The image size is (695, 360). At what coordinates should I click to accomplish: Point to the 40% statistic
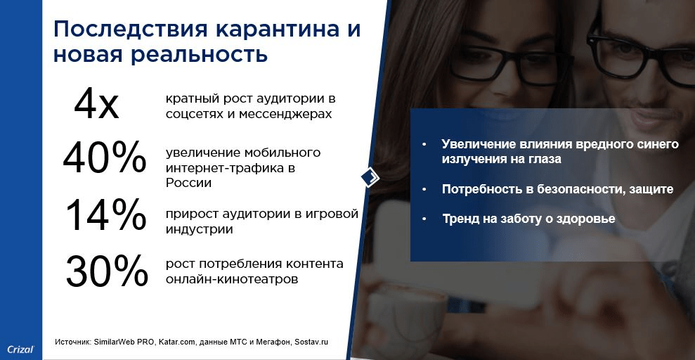coord(105,157)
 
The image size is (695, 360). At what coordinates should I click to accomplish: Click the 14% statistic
coord(105,214)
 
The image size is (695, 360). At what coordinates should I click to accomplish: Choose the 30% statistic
coord(106,271)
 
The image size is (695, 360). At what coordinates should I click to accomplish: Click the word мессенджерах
coord(285,115)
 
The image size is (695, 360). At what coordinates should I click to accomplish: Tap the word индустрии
coord(200,230)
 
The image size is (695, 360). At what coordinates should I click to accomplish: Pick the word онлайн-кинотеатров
coord(232,280)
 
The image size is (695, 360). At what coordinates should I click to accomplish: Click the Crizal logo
coord(20,349)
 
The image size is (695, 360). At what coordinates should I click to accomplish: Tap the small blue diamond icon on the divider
coord(370,178)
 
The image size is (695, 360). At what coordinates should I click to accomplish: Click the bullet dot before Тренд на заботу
coord(425,219)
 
